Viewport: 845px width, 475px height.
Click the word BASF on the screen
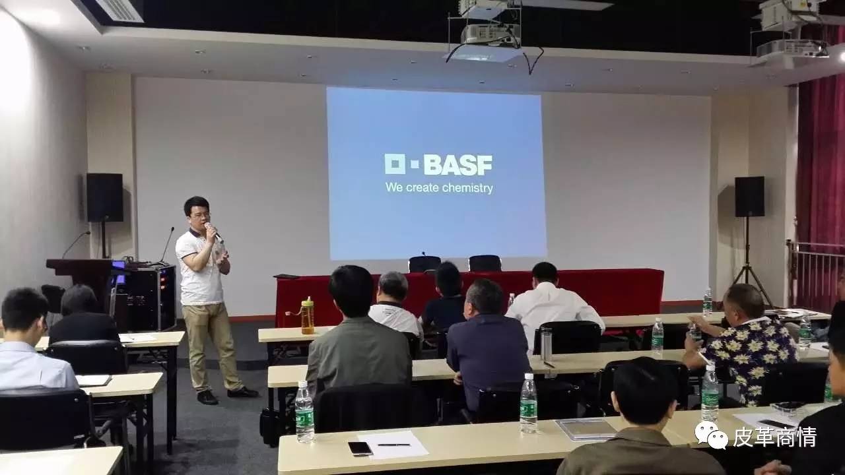458,165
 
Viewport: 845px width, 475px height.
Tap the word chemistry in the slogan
467,188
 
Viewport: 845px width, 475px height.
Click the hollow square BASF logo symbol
395,164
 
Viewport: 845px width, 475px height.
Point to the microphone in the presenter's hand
213,230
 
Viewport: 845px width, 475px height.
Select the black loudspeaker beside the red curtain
749,197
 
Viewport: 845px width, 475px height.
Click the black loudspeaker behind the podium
104,197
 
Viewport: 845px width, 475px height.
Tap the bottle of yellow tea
308,315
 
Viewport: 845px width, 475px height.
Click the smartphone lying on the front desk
360,448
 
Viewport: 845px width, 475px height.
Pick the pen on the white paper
393,445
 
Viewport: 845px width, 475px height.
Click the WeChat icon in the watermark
712,435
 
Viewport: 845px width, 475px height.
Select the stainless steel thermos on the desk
545,344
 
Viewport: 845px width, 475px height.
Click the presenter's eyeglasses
201,216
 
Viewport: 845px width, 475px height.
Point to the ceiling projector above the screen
490,34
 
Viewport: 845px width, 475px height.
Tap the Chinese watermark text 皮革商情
775,437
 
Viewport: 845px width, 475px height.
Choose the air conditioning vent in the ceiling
120,10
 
